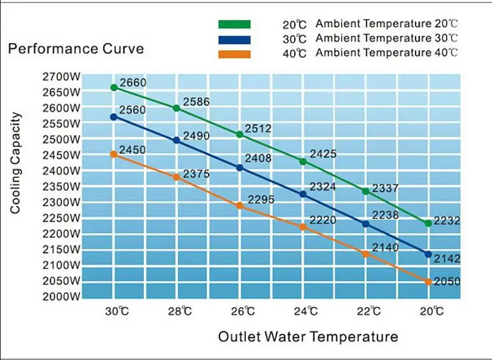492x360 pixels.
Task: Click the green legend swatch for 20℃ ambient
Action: [x=234, y=24]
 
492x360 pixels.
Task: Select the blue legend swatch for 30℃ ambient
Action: [x=234, y=39]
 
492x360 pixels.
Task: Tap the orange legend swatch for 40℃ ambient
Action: [x=234, y=54]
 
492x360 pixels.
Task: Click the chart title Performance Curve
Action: [x=76, y=49]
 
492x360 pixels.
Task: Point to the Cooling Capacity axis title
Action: [x=17, y=163]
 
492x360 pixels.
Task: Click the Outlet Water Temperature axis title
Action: [x=308, y=336]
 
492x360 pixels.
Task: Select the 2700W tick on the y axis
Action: [x=62, y=76]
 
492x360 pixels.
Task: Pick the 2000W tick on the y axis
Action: [x=62, y=296]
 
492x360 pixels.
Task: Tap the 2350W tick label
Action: [x=62, y=186]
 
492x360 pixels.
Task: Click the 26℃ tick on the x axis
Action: [x=240, y=312]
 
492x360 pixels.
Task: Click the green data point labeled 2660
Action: [x=114, y=88]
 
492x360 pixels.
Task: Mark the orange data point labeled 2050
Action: [x=428, y=282]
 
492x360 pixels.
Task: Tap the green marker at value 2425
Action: [x=303, y=162]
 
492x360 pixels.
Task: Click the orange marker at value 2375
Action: [x=177, y=177]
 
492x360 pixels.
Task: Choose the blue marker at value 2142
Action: [x=428, y=254]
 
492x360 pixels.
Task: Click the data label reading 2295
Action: [x=261, y=200]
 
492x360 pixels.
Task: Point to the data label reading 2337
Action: [x=385, y=188]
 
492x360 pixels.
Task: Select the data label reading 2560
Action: [x=132, y=110]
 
